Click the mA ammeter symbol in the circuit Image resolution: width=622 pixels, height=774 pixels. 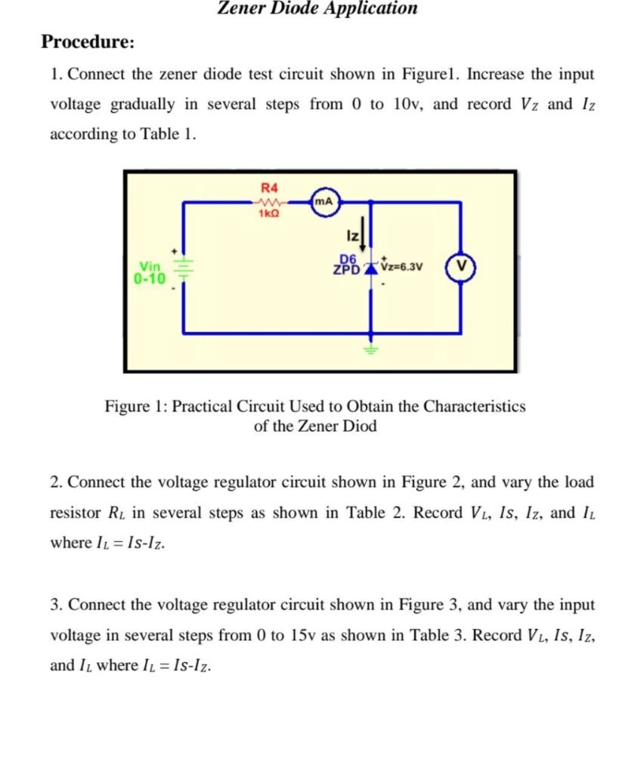pos(324,202)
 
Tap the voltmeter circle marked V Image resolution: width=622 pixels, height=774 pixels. pos(460,268)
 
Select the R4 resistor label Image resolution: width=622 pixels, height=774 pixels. pos(269,187)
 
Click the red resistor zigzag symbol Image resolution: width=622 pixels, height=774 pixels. pos(269,202)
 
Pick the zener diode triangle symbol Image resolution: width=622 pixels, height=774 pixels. pos(370,268)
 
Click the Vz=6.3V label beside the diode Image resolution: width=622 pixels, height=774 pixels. pos(403,267)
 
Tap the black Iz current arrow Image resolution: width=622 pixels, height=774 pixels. pos(364,237)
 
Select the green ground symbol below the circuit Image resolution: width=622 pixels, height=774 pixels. pos(370,348)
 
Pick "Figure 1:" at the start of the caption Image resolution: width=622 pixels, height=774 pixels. pos(135,407)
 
